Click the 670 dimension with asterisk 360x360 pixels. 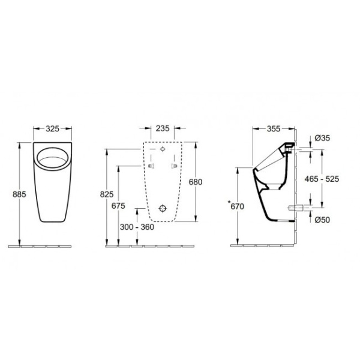[x=235, y=206]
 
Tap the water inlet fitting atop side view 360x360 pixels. [x=289, y=146]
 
